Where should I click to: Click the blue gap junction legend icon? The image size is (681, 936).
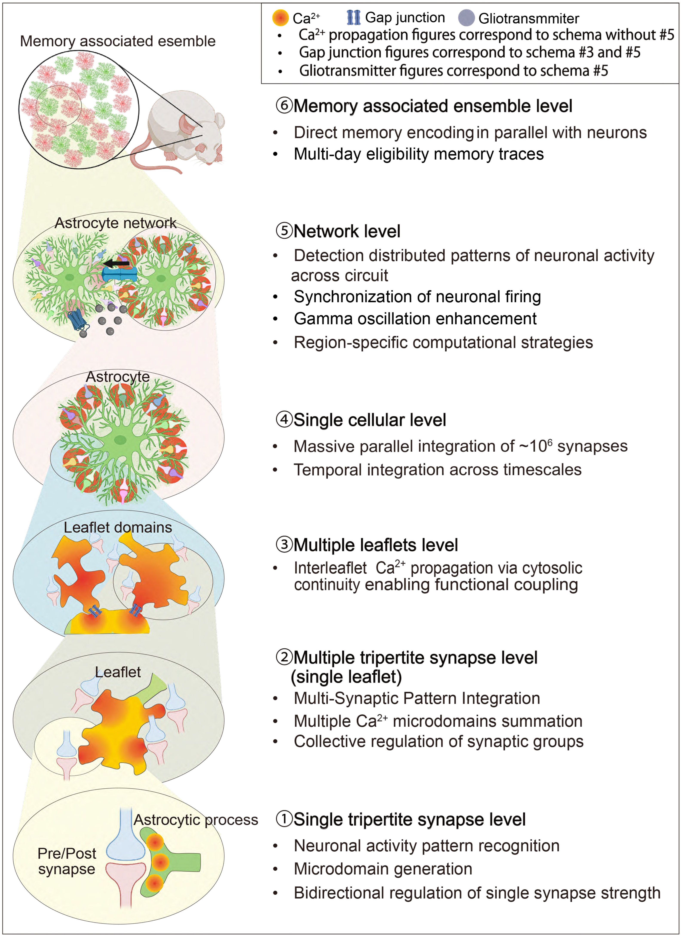coord(354,17)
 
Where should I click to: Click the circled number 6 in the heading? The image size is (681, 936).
coord(284,106)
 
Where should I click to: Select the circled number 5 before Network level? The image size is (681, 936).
coord(284,231)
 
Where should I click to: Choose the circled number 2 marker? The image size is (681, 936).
coord(284,657)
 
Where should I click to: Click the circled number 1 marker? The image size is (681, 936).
coord(284,819)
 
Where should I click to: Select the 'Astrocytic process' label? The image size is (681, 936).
coord(196,820)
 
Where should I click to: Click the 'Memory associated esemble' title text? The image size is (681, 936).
coord(118,41)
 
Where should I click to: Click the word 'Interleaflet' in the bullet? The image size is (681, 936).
coord(330,568)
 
